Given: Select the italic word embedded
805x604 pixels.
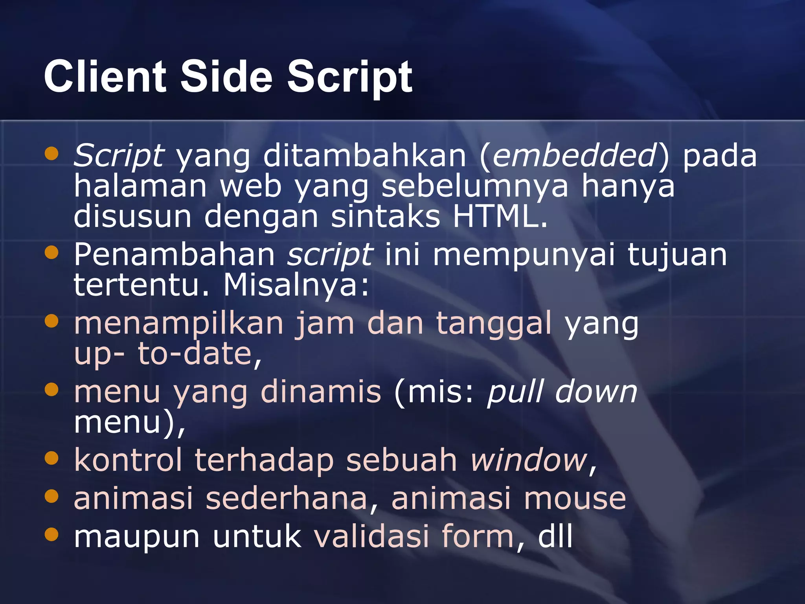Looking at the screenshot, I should [x=574, y=155].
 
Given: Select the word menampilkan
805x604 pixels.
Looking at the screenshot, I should [x=179, y=323].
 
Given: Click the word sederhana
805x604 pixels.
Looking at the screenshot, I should [x=287, y=498].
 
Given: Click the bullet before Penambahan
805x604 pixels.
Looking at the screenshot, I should [x=51, y=252].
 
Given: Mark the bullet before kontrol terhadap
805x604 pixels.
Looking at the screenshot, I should [x=51, y=458].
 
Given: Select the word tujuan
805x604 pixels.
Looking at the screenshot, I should [x=677, y=254].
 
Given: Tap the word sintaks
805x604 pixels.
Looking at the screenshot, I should [x=385, y=216].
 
